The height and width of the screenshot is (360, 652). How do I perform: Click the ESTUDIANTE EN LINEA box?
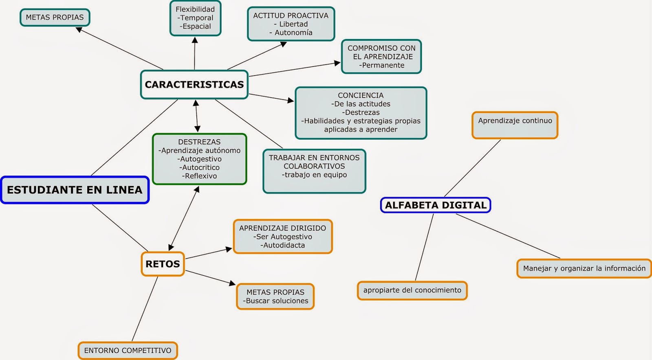point(75,190)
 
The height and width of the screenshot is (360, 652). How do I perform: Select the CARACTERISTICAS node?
point(194,85)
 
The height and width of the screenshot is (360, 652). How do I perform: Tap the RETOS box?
point(163,264)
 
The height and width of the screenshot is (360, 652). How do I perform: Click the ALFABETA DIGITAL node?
point(435,205)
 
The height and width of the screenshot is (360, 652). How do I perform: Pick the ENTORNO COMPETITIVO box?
point(128,351)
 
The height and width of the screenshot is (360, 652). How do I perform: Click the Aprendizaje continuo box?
point(515,125)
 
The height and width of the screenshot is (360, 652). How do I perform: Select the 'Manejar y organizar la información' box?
point(584,268)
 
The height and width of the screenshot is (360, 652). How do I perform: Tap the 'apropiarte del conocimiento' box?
point(412,290)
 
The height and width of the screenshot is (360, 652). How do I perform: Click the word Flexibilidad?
point(195,9)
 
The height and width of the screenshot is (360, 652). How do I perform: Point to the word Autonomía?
point(293,33)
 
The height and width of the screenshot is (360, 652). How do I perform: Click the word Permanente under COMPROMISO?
point(382,65)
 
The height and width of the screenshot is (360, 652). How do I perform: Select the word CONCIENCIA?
point(361,95)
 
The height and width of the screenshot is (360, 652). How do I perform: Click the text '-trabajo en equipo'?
point(314,175)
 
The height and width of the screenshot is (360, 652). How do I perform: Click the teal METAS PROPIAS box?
point(55,18)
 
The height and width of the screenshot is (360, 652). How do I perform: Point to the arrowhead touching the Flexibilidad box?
point(195,40)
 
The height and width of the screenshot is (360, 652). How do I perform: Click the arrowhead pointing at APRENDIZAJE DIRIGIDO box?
point(229,249)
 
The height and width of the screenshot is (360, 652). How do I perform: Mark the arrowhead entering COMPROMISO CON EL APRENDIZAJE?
point(337,63)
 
